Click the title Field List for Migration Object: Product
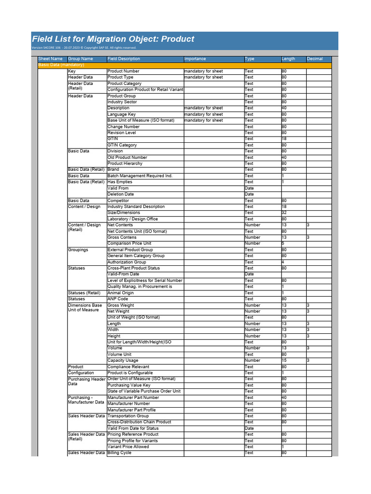point(113,39)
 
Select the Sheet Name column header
point(50,59)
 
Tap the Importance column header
point(195,59)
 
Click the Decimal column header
point(315,59)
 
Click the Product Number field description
point(123,71)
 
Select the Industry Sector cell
point(122,102)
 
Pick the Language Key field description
point(121,114)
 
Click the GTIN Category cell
point(122,145)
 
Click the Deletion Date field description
point(121,194)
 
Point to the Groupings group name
point(78,250)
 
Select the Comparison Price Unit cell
point(129,244)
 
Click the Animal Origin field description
point(121,293)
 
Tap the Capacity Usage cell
point(123,360)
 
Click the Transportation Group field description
point(128,416)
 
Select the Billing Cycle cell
point(119,453)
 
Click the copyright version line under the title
point(84,48)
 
